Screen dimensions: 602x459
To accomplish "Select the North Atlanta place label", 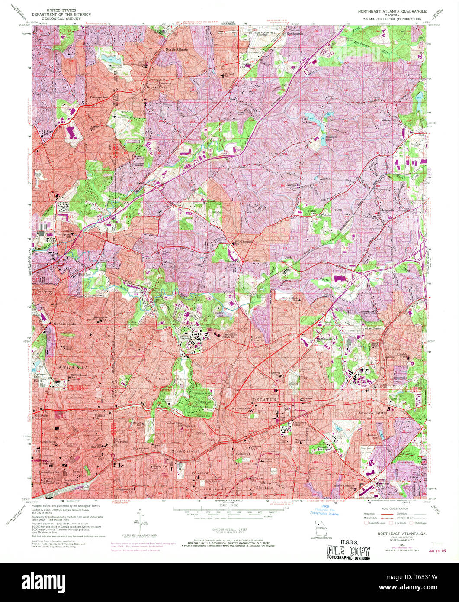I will click(x=177, y=49).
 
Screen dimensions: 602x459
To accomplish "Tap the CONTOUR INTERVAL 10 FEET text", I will click(x=230, y=529).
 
